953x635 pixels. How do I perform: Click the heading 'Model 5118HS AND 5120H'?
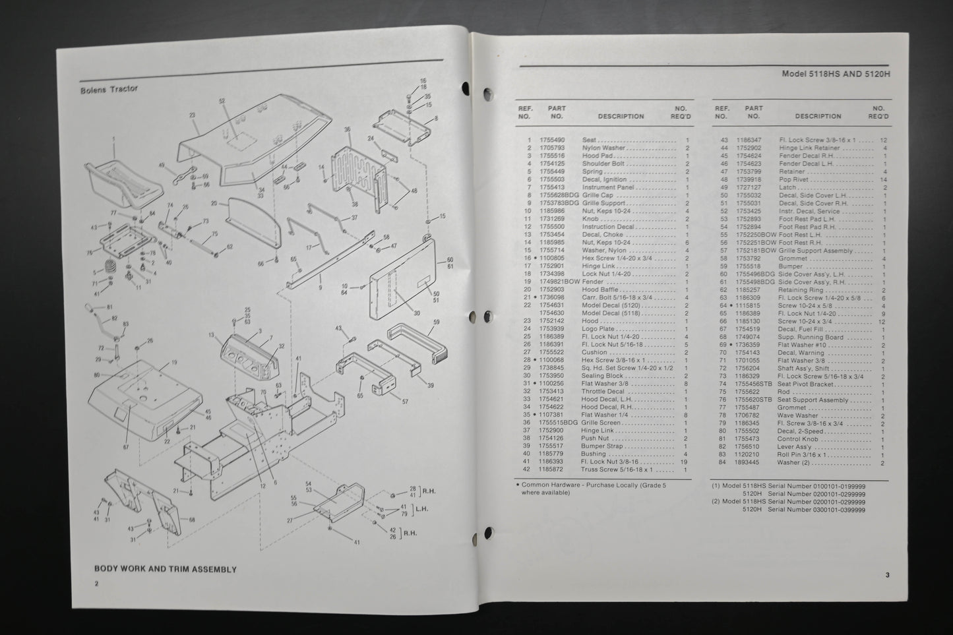click(836, 75)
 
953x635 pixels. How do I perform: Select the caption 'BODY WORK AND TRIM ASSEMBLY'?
click(165, 569)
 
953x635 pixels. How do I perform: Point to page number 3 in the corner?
click(887, 575)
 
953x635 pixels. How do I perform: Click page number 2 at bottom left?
click(96, 583)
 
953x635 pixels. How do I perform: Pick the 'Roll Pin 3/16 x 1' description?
click(802, 455)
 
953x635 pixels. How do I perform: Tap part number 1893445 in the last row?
click(748, 463)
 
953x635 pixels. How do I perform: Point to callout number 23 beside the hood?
click(193, 115)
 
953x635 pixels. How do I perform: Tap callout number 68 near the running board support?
click(193, 520)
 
